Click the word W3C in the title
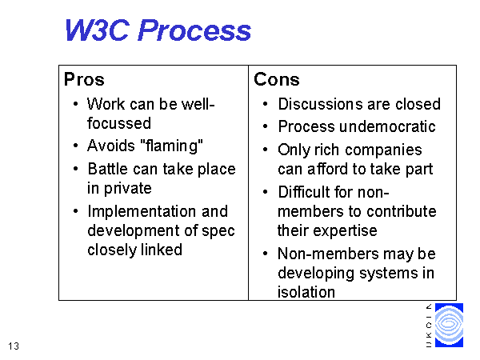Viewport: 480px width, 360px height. [x=97, y=30]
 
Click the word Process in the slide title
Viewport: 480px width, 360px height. [x=194, y=31]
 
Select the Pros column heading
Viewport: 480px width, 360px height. [x=84, y=79]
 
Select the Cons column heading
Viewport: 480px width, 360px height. [x=277, y=79]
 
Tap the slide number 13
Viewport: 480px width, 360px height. [x=14, y=346]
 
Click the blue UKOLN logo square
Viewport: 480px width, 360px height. [x=449, y=325]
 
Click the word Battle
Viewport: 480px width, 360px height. [x=108, y=169]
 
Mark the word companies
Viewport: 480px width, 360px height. [x=383, y=150]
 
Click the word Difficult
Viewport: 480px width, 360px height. [x=304, y=192]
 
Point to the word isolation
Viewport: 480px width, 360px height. [x=306, y=292]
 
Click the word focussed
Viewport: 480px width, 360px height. [x=119, y=123]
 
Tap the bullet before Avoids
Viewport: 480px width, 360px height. [x=76, y=146]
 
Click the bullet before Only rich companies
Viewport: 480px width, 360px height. [x=265, y=150]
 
